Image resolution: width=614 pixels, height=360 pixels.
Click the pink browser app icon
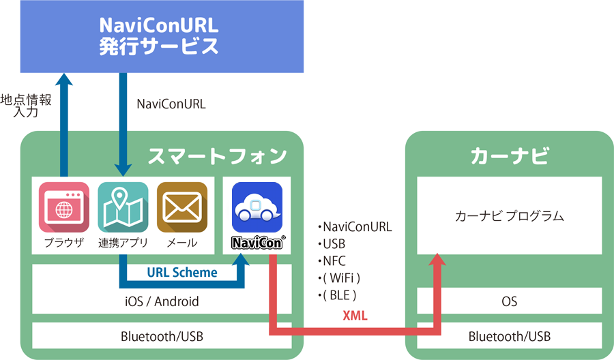pyautogui.click(x=64, y=207)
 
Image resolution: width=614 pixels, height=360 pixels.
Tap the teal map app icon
pyautogui.click(x=123, y=207)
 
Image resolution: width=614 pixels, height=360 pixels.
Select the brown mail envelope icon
pyautogui.click(x=182, y=207)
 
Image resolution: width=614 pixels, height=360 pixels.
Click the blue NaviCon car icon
pyautogui.click(x=257, y=207)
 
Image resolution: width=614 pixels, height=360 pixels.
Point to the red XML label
pyautogui.click(x=355, y=316)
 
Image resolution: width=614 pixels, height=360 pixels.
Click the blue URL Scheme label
pyautogui.click(x=182, y=272)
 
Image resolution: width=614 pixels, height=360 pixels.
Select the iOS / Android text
pyautogui.click(x=162, y=301)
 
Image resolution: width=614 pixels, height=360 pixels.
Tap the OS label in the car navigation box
pyautogui.click(x=509, y=301)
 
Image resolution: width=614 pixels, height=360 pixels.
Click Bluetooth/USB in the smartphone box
pyautogui.click(x=162, y=336)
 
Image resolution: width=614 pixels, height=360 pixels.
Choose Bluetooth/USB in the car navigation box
pyautogui.click(x=510, y=336)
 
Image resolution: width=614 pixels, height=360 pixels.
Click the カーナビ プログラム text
pyautogui.click(x=509, y=216)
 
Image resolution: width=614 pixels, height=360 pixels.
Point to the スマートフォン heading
pyautogui.click(x=217, y=156)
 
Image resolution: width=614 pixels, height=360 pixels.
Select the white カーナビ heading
pyautogui.click(x=510, y=155)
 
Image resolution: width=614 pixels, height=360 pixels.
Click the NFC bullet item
pyautogui.click(x=332, y=261)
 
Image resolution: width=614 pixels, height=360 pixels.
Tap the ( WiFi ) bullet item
pyautogui.click(x=338, y=277)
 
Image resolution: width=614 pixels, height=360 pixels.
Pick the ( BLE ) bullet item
pyautogui.click(x=337, y=295)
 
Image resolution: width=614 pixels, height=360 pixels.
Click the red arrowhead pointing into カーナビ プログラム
pyautogui.click(x=437, y=260)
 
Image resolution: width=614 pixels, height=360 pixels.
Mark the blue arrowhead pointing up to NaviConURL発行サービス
pyautogui.click(x=64, y=79)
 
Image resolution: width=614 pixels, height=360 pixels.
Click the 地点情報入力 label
pyautogui.click(x=26, y=106)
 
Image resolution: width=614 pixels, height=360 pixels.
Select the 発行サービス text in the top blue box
pyautogui.click(x=158, y=46)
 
